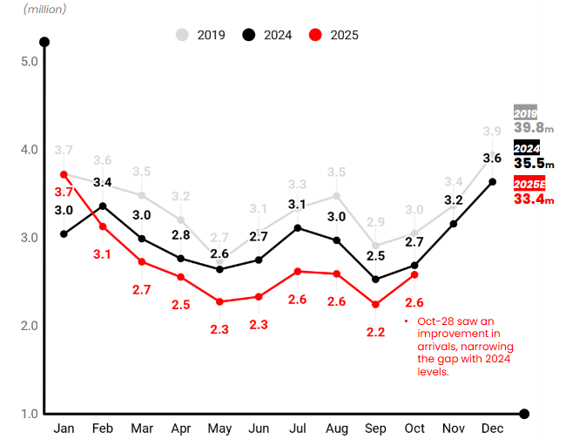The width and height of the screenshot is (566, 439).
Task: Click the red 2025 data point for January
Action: pos(64,174)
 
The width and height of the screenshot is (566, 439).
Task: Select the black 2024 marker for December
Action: pos(493,181)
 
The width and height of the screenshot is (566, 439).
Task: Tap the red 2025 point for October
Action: pos(414,274)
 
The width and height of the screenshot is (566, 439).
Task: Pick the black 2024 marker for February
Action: pos(103,206)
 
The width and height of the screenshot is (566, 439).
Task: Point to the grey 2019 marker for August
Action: pos(336,196)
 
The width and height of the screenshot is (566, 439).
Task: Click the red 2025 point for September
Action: pos(375,304)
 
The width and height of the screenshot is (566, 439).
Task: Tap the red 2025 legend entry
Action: pos(334,35)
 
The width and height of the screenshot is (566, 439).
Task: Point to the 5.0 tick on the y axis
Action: pos(28,61)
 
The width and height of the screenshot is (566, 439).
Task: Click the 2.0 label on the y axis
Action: pos(28,326)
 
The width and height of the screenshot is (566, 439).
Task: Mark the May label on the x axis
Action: pos(219,429)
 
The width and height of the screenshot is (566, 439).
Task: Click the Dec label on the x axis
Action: pos(493,429)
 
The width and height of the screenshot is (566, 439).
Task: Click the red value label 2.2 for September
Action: pos(375,332)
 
